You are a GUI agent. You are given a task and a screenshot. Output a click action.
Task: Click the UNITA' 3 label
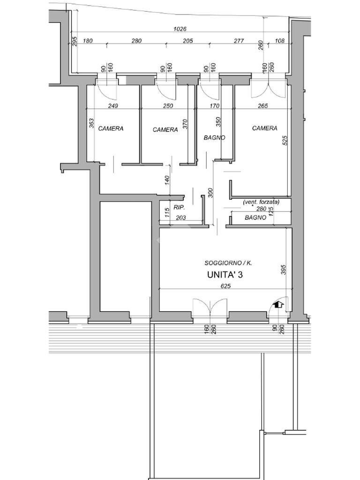pos(225,275)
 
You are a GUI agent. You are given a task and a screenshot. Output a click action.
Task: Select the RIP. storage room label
pos(179,207)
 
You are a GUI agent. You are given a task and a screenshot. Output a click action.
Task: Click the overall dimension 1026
pos(180,29)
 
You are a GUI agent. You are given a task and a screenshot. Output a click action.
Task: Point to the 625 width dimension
pos(225,286)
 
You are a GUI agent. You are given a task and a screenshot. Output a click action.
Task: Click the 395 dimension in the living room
pos(283,270)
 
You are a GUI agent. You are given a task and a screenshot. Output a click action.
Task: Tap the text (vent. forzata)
pos(261,202)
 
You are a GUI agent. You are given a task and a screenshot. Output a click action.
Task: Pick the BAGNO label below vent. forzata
pos(255,217)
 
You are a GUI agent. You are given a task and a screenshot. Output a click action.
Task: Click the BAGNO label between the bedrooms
pos(214,138)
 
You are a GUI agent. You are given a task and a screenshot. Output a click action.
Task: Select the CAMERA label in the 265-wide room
pos(264,128)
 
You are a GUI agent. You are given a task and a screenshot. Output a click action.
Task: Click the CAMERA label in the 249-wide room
pos(111,128)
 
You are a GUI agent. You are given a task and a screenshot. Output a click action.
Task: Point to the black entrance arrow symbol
pos(279,305)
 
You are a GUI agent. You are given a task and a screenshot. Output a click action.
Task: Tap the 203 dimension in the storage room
pos(181,218)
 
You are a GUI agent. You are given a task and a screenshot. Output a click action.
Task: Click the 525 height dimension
pos(285,141)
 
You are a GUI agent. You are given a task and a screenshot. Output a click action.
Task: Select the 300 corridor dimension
pos(210,193)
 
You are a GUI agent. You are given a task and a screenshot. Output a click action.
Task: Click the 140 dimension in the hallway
pos(167,180)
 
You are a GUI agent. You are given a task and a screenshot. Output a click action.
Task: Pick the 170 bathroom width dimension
pos(215,106)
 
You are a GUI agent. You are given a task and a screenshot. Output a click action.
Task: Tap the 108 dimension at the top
pos(280,41)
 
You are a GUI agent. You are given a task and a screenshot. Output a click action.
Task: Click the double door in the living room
pos(210,306)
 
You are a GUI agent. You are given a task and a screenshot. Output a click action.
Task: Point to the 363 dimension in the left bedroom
pos(91,123)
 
